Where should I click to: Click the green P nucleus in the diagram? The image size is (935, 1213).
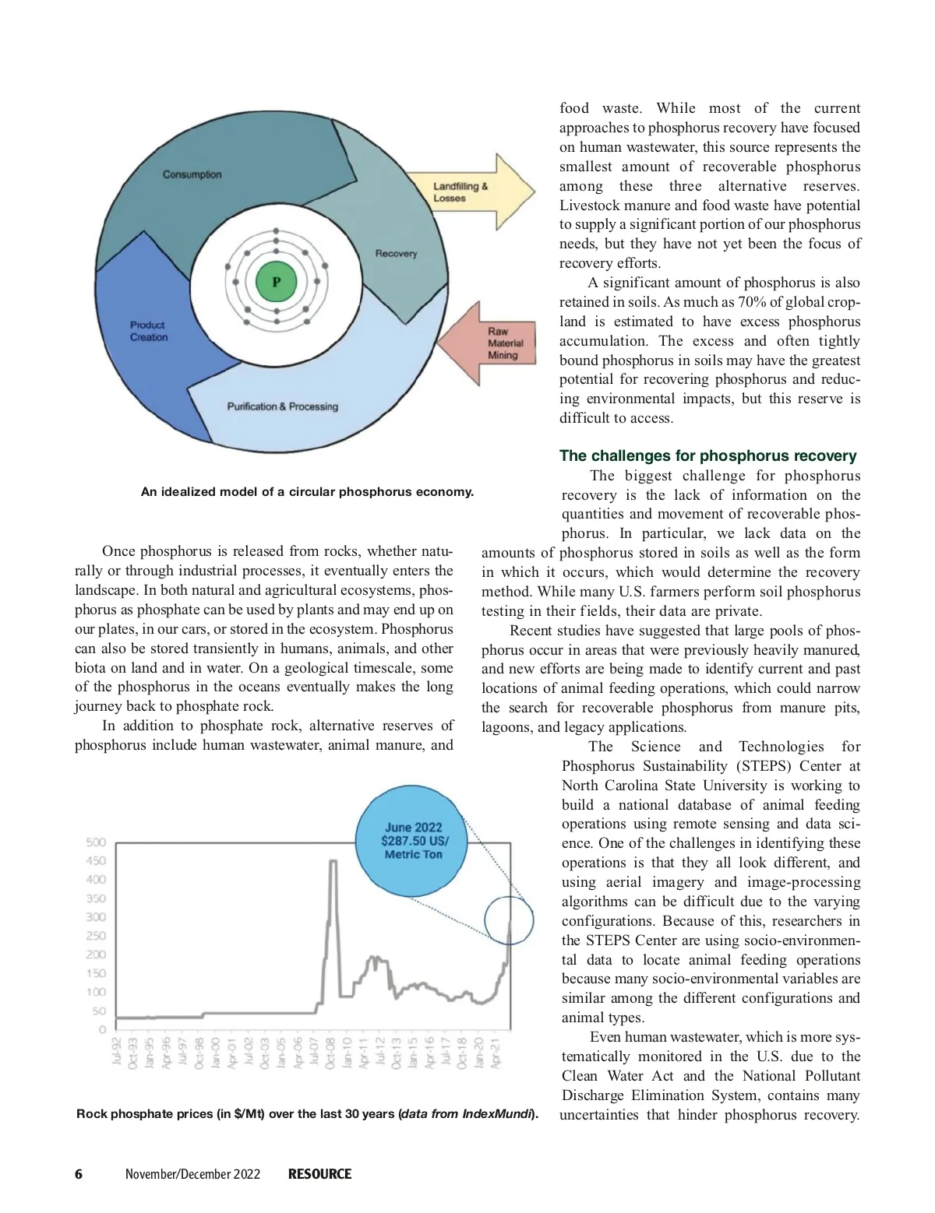[276, 282]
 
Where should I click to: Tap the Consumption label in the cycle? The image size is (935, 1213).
[192, 174]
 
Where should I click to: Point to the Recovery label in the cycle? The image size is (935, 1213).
[396, 253]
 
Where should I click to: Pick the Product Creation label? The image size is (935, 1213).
[149, 331]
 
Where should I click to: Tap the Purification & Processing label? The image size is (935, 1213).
[282, 406]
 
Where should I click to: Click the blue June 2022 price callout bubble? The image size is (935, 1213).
[414, 841]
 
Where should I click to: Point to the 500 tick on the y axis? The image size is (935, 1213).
[96, 842]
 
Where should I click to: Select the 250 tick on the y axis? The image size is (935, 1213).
[96, 936]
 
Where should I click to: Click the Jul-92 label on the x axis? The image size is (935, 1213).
[117, 1050]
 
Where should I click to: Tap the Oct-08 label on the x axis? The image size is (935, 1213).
[331, 1053]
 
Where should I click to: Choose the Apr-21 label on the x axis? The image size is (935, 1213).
[496, 1051]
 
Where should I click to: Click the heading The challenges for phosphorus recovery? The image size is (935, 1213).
[707, 456]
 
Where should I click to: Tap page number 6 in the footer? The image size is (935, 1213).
[79, 1174]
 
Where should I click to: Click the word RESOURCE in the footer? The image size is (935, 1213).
[319, 1174]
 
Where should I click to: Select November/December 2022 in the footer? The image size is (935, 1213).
[192, 1174]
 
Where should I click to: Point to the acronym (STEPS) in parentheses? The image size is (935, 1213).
[760, 766]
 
